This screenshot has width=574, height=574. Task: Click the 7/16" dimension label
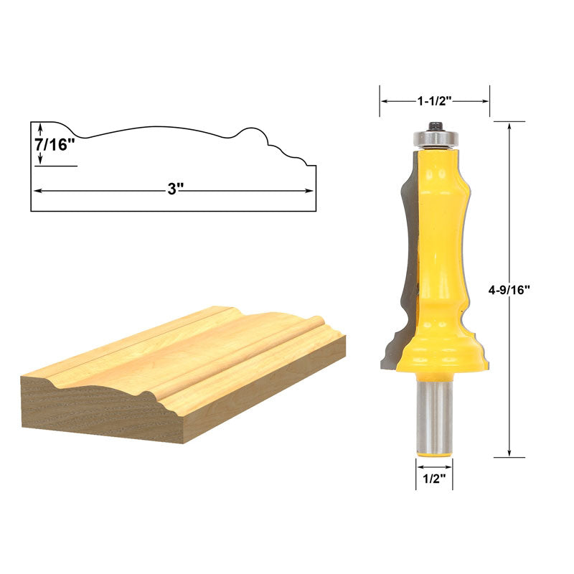click(x=55, y=145)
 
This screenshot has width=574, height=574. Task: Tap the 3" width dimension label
click(x=175, y=189)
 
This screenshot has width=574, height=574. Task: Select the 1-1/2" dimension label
click(x=435, y=100)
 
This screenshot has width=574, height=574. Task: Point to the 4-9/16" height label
click(x=509, y=290)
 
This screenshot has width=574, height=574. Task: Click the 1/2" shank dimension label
click(x=434, y=479)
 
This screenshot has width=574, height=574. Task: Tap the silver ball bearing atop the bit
click(x=436, y=138)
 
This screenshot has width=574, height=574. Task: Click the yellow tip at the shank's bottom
click(x=434, y=454)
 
